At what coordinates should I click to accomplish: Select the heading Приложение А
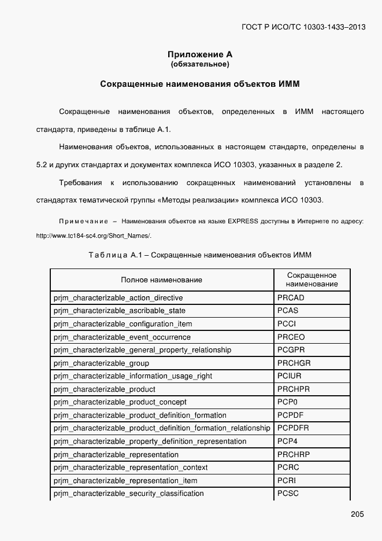(199, 54)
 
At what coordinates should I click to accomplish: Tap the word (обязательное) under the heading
(199, 64)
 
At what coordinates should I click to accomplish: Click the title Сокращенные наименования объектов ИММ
(199, 84)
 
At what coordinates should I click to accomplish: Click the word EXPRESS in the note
(243, 222)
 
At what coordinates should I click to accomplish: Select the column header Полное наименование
(161, 280)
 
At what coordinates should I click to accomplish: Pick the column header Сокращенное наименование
(311, 280)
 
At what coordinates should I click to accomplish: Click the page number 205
(357, 514)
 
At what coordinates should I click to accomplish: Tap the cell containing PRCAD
(291, 298)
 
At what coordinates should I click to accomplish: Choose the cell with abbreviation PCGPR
(291, 350)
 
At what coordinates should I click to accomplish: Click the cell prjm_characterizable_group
(101, 363)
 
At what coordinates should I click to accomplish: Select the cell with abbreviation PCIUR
(289, 376)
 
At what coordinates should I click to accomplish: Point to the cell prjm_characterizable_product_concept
(120, 402)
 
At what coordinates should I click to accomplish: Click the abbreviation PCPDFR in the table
(293, 428)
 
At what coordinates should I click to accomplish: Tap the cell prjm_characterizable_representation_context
(131, 468)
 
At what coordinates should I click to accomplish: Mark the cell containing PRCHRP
(293, 454)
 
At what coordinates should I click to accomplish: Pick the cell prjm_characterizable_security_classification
(128, 494)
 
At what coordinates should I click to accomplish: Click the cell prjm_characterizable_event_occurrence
(122, 337)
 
